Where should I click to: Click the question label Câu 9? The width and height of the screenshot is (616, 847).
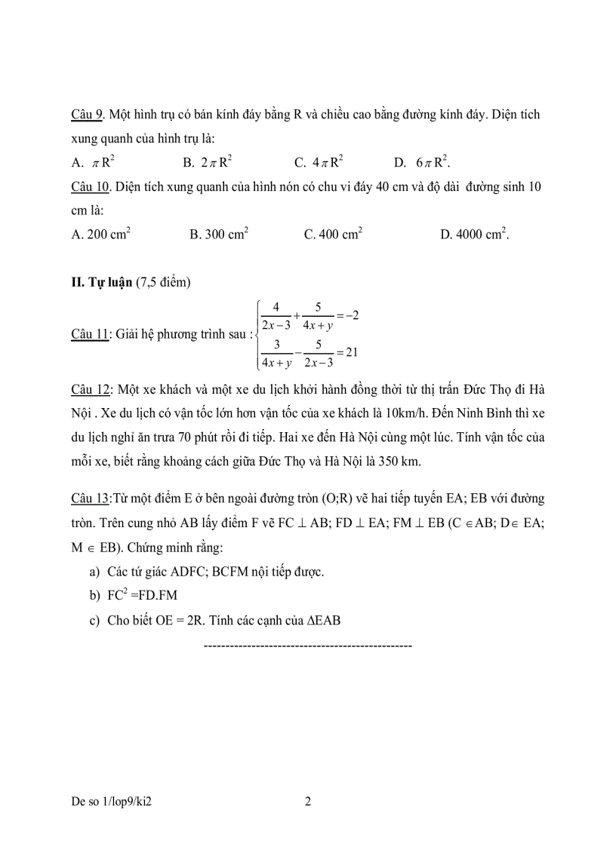pos(87,115)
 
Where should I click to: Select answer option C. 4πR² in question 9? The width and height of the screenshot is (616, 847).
pos(319,162)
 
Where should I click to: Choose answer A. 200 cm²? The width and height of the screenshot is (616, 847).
pos(100,235)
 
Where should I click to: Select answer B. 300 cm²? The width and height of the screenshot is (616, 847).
pos(219,235)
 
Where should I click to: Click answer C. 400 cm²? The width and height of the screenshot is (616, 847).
pos(333,235)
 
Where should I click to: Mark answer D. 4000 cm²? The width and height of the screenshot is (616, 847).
pos(475,235)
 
